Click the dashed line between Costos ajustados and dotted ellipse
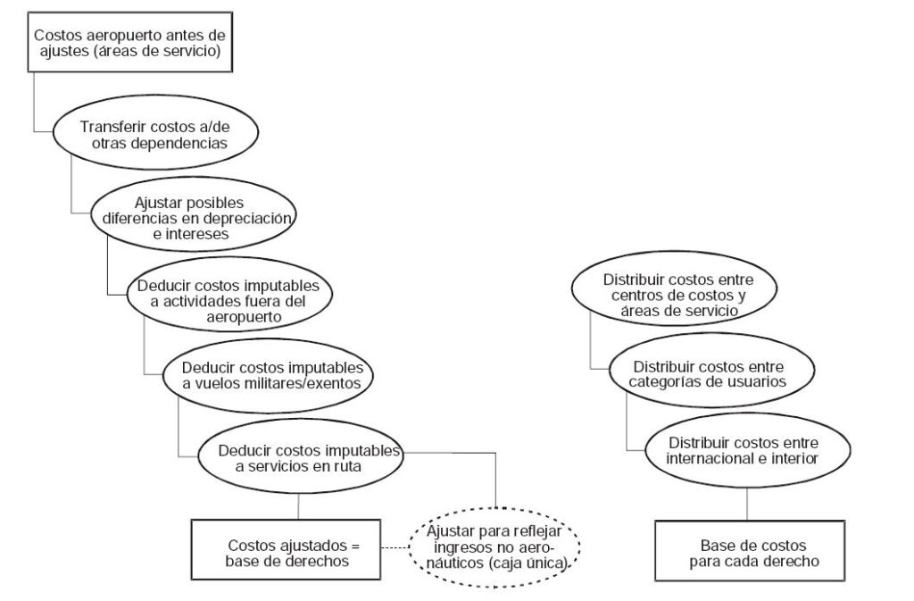coord(395,548)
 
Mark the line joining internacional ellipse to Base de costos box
coord(747,505)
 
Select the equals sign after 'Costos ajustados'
coord(355,547)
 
